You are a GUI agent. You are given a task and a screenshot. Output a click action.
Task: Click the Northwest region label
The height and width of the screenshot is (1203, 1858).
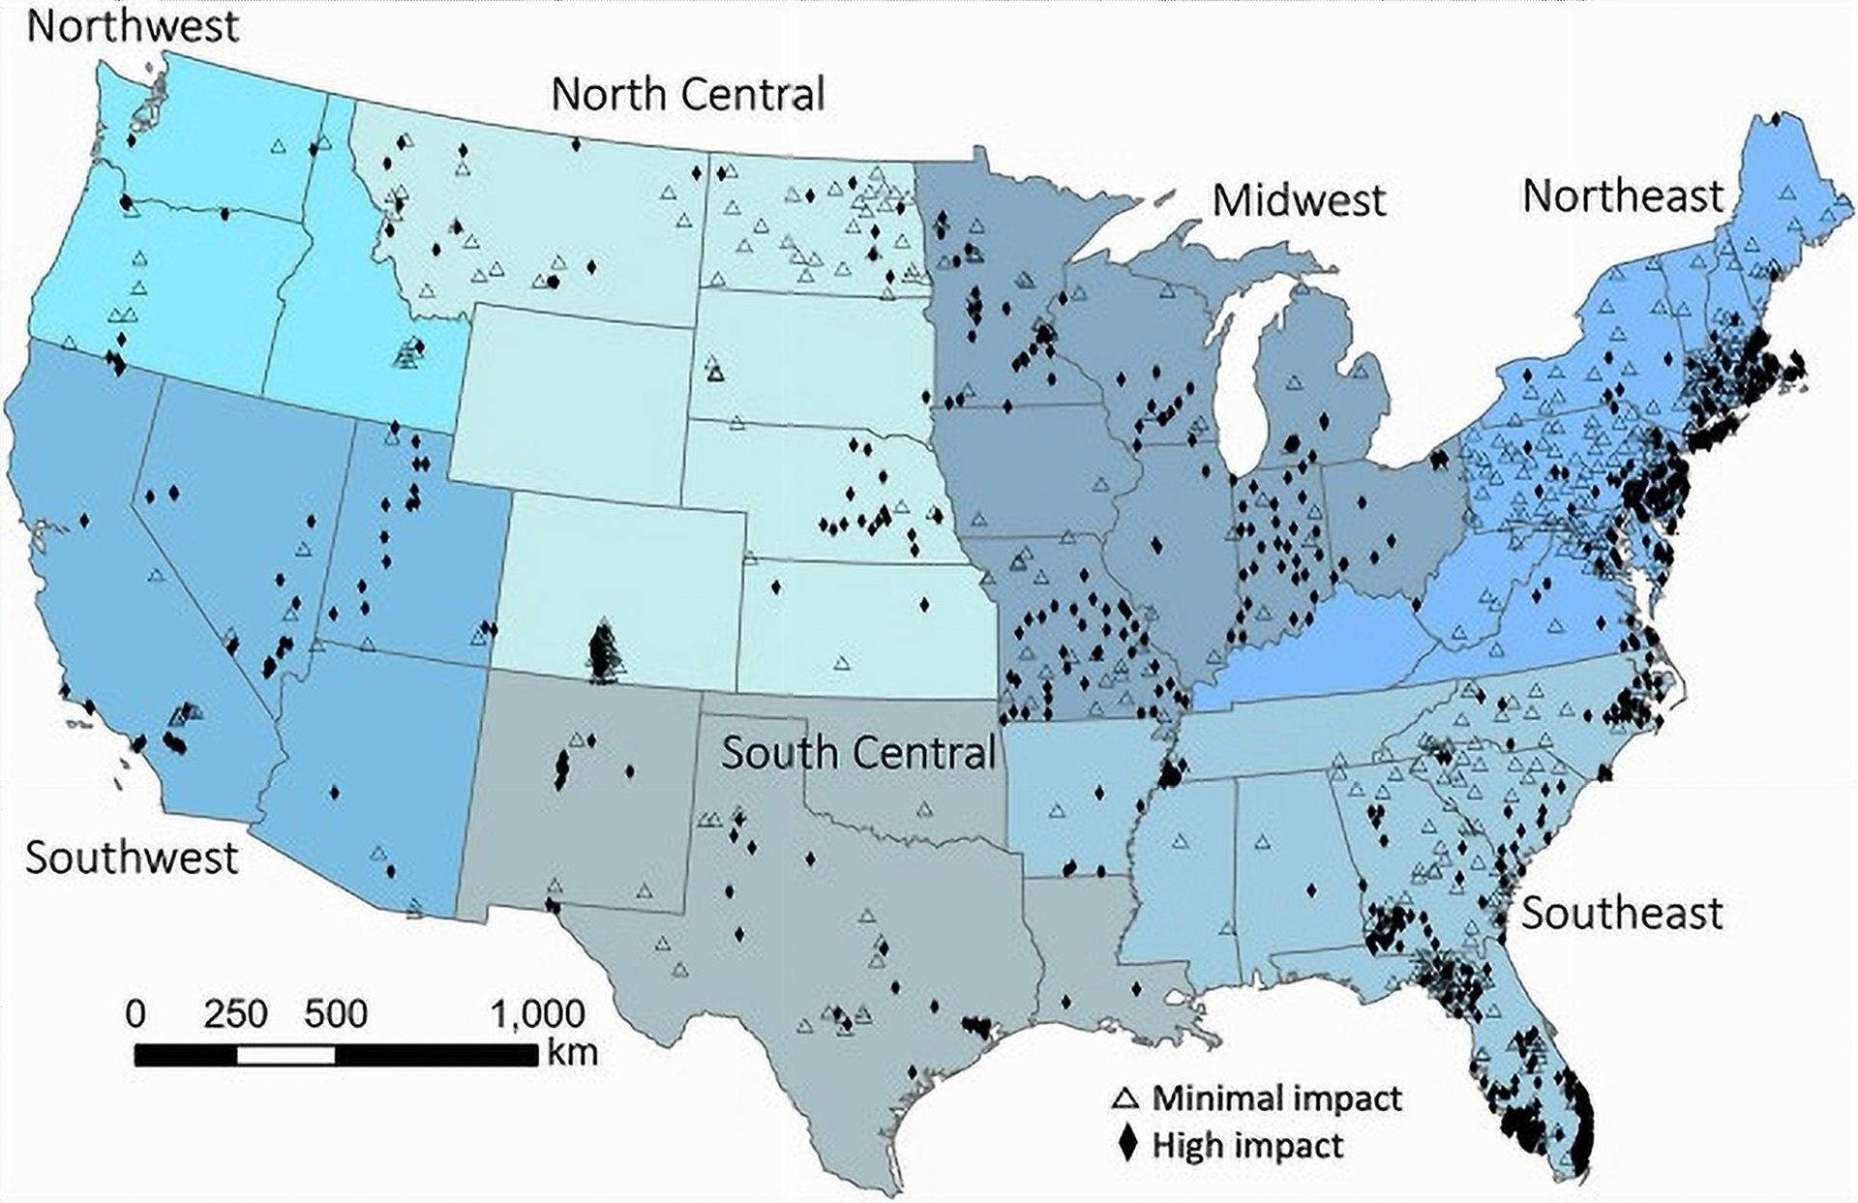(133, 26)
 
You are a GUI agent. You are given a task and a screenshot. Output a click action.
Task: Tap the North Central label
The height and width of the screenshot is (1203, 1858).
(688, 95)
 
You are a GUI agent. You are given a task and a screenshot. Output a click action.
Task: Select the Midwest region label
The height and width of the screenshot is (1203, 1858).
(1299, 201)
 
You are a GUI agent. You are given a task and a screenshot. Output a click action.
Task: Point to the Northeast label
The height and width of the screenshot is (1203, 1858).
(1623, 196)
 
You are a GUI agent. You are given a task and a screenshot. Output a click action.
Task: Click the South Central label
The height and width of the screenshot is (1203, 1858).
(858, 753)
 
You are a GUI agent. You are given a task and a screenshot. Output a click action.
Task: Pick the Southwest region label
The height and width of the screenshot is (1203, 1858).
(132, 857)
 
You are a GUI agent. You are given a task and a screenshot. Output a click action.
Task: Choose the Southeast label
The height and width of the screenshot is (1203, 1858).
(1622, 913)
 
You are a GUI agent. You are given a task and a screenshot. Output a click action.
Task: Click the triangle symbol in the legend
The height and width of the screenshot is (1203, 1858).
(1125, 1098)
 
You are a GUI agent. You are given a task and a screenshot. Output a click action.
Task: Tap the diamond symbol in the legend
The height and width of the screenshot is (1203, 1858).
(1126, 1145)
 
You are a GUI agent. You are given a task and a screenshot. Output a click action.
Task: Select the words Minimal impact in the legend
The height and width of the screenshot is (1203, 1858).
(1276, 1098)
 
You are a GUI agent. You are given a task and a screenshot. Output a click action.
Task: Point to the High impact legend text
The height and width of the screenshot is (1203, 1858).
(1247, 1146)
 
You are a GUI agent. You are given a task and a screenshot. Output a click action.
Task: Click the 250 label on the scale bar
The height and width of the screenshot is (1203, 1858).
(235, 1014)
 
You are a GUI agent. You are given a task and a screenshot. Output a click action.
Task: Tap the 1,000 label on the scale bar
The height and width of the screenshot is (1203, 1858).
(537, 1014)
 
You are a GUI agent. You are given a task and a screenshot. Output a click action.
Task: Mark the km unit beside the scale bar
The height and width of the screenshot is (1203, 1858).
(572, 1052)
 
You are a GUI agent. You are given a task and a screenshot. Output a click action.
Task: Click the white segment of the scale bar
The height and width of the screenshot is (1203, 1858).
(286, 1054)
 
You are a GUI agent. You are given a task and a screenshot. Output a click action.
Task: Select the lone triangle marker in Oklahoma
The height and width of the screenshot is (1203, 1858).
(924, 808)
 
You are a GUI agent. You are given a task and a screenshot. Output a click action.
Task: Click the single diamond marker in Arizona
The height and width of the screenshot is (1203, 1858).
(334, 792)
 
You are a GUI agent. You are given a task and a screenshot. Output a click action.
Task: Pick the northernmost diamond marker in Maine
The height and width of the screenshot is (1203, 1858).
(1776, 119)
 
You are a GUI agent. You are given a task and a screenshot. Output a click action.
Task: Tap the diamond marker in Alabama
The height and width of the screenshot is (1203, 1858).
(1311, 890)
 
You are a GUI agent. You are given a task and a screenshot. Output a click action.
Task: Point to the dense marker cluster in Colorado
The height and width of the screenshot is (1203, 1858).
(604, 652)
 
